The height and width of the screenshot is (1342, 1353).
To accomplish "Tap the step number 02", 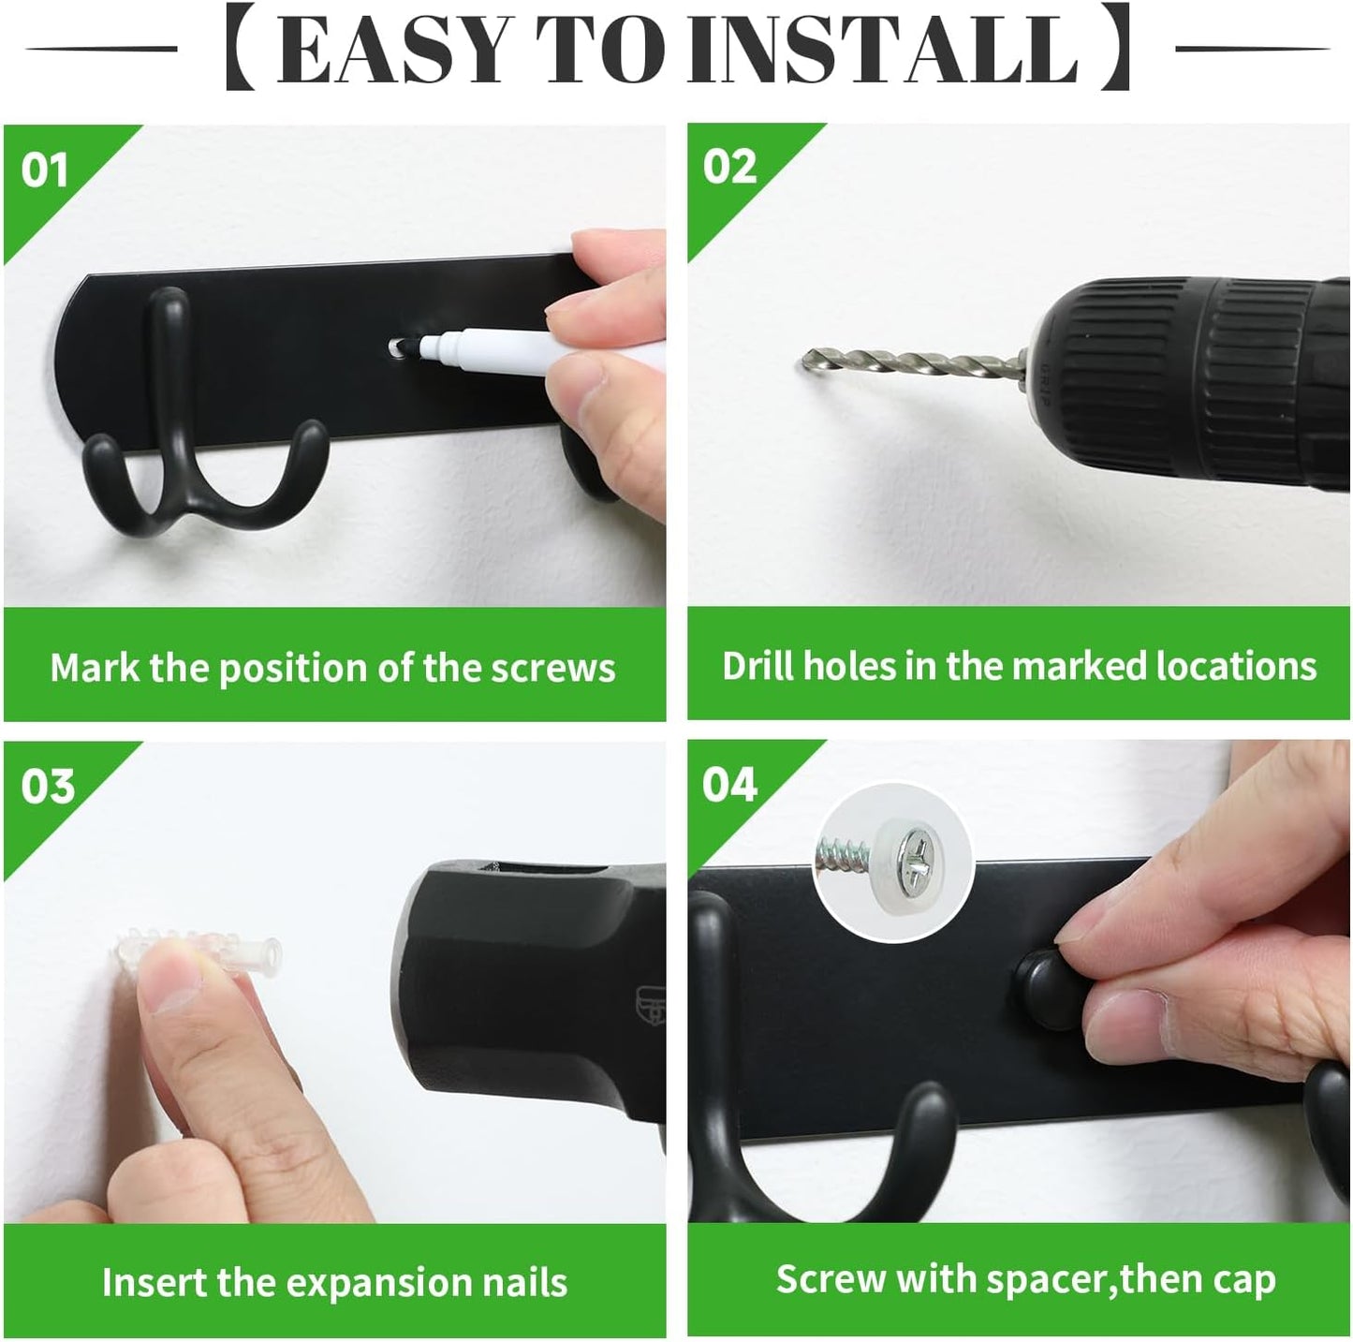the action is click(730, 167).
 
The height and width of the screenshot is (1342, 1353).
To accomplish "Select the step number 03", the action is click(47, 786).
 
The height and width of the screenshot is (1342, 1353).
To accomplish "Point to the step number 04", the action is click(730, 785).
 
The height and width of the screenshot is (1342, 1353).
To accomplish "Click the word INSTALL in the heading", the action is click(882, 51).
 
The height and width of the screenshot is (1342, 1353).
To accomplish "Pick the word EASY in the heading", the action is click(392, 51).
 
